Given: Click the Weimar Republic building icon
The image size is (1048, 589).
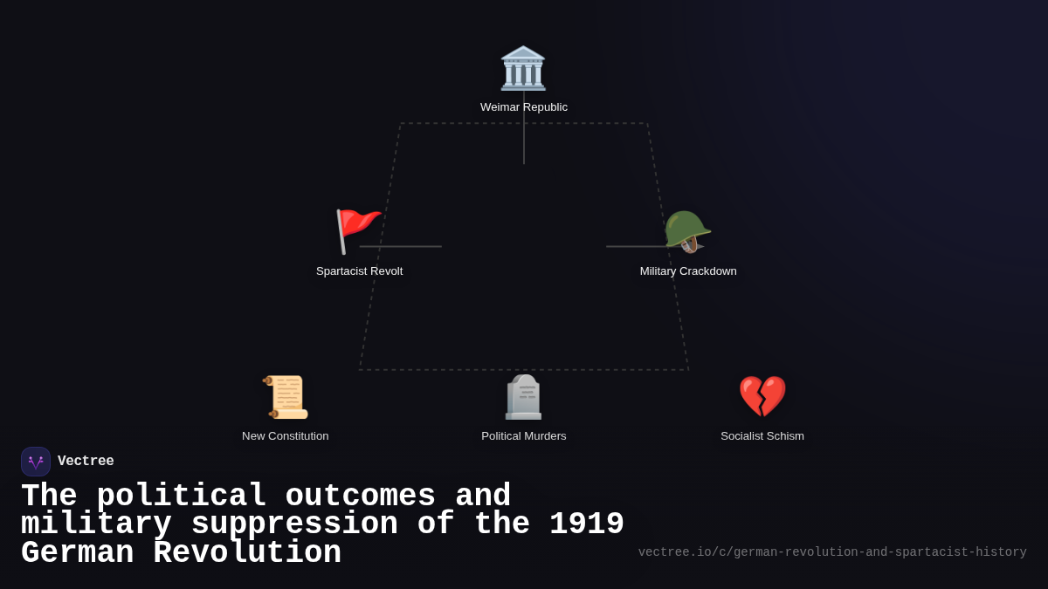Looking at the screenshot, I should click(x=523, y=68).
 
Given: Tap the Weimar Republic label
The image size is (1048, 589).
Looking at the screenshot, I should click(x=524, y=107).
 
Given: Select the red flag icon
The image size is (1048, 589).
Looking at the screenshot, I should click(x=357, y=230).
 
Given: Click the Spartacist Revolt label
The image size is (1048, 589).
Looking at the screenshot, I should click(x=359, y=271).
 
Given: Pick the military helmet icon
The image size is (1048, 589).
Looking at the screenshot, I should click(x=687, y=231).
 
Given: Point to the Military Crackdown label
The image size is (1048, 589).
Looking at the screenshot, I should click(x=688, y=271).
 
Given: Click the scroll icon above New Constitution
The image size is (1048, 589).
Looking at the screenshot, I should click(x=286, y=397).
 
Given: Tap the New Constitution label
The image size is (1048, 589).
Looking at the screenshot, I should click(x=286, y=436).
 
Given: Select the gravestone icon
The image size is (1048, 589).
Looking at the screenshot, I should click(x=524, y=397).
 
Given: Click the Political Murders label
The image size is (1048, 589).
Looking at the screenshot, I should click(x=524, y=436).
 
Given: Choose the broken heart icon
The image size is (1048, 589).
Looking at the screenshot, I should click(x=762, y=396).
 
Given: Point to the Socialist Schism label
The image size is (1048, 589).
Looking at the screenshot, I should click(x=762, y=436).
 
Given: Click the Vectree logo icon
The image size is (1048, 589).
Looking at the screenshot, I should click(x=36, y=462).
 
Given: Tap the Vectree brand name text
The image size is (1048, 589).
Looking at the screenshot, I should click(x=86, y=462).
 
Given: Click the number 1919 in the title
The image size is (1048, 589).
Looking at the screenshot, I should click(x=586, y=524).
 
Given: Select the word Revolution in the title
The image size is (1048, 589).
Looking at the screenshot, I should click(x=247, y=553).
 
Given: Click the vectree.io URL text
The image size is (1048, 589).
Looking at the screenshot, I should click(x=831, y=552).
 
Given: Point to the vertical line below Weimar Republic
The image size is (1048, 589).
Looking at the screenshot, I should click(x=524, y=131).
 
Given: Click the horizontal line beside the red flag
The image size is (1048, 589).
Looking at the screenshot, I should click(x=402, y=246).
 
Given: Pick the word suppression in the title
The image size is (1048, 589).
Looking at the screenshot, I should click(x=294, y=524).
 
